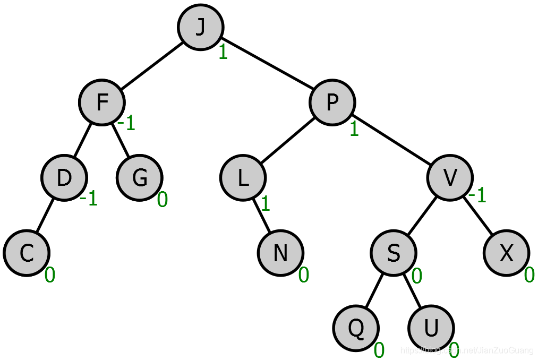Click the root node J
point(200,28)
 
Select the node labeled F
point(101,102)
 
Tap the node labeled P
point(332,102)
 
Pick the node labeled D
point(64,178)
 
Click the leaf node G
point(140,178)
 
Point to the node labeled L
point(243,178)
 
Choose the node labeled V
point(450,178)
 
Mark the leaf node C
point(27,253)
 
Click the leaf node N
point(280,253)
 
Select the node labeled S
point(393,253)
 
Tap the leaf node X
point(506,253)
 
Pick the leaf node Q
point(356,328)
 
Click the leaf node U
point(431,328)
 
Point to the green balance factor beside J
point(223,53)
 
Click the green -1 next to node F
point(126,124)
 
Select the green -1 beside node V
point(477,196)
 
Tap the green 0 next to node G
point(163,200)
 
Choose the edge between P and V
point(391,140)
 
